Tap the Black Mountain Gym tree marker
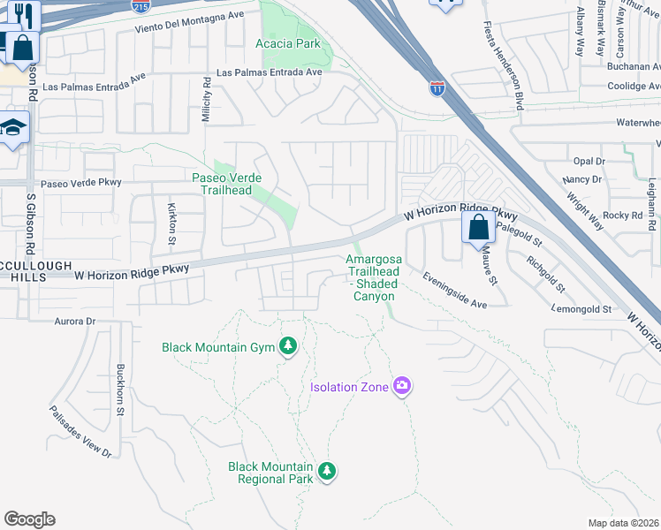coord(288,346)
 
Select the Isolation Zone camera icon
coord(402,385)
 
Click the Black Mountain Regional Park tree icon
coord(327,471)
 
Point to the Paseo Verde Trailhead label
coord(227,184)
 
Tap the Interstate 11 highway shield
coord(437,88)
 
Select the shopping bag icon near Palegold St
coord(478,228)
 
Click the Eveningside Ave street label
coord(455,291)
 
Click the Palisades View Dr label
coord(80,431)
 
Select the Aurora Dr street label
coord(74,322)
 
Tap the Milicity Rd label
coord(207,99)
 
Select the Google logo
coord(29,519)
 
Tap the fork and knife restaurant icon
coord(22,15)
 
